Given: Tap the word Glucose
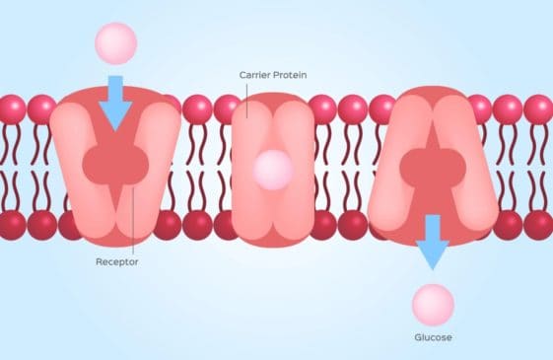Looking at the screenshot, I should (433, 337).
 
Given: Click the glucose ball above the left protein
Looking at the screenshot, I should (115, 42).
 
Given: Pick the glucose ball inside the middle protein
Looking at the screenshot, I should (273, 169).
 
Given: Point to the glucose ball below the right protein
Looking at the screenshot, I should (433, 304).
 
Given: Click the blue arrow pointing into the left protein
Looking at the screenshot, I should (115, 100).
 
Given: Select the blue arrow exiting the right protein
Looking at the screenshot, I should (432, 241).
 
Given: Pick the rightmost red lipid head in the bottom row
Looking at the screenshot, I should (538, 224).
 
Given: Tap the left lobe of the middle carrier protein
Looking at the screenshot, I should (247, 168).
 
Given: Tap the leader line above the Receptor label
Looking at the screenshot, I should (133, 222).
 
